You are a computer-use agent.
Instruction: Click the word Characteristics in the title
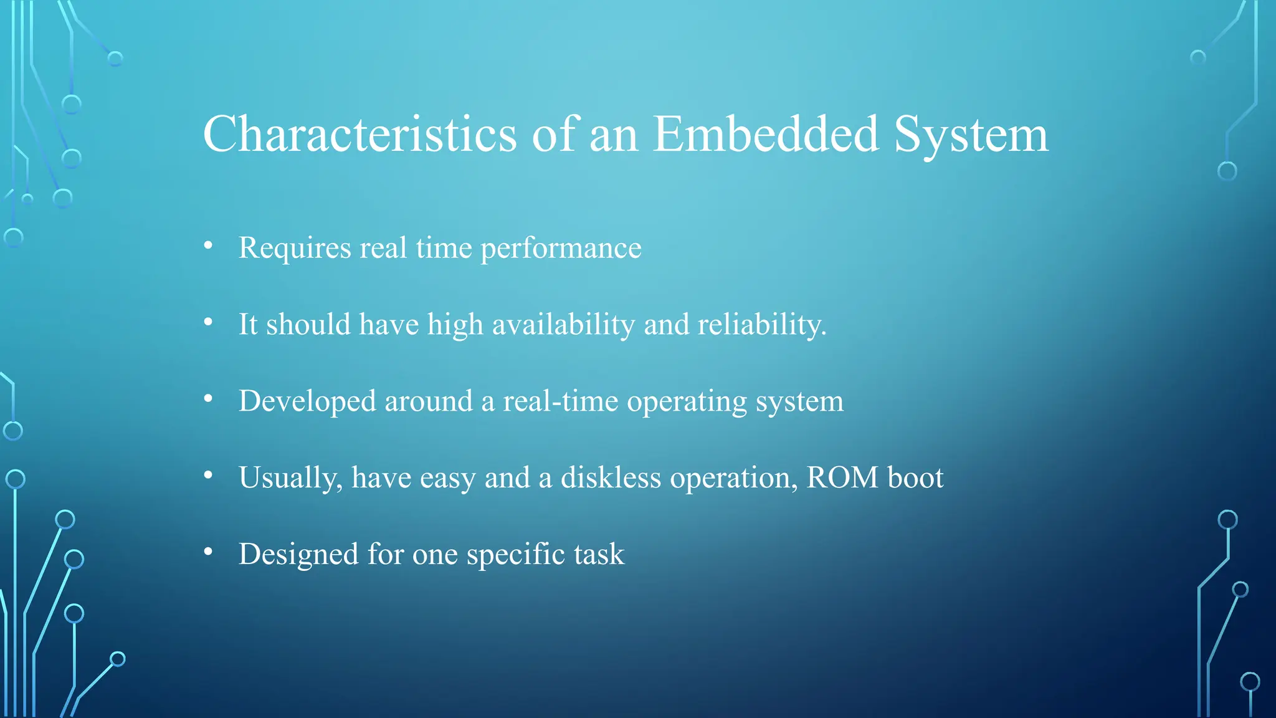[x=359, y=134]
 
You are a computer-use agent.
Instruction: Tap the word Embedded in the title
[x=766, y=134]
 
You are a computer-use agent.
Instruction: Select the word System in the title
[x=971, y=135]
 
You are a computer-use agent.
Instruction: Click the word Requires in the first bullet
[x=295, y=249]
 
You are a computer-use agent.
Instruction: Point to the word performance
[x=561, y=249]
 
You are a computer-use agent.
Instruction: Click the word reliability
[x=761, y=325]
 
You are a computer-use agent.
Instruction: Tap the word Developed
[x=307, y=401]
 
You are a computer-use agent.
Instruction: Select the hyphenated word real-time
[x=560, y=401]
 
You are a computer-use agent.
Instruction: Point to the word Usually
[x=290, y=478]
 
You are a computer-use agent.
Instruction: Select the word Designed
[x=298, y=555]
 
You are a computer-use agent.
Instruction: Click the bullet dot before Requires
[x=208, y=246]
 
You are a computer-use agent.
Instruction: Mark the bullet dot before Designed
[x=208, y=552]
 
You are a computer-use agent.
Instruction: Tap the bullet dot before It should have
[x=208, y=322]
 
